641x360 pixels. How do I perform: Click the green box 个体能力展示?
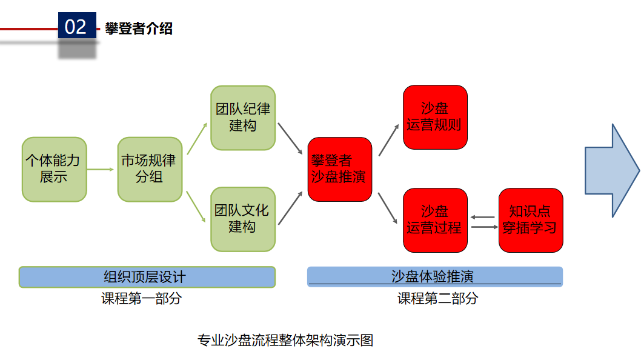click(54, 169)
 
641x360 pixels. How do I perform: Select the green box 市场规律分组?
click(150, 169)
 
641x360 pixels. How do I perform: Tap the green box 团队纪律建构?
click(243, 118)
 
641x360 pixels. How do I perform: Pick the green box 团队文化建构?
click(243, 219)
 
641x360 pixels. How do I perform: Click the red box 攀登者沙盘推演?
click(339, 169)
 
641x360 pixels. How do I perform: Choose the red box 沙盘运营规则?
click(435, 117)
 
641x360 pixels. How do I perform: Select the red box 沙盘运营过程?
click(435, 220)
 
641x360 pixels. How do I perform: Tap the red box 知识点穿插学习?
click(531, 220)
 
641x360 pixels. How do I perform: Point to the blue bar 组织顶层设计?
click(147, 277)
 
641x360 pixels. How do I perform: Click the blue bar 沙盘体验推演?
click(434, 276)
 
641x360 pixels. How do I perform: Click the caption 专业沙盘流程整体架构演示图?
click(285, 340)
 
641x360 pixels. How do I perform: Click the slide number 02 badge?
click(76, 27)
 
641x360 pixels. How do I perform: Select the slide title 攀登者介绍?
click(139, 28)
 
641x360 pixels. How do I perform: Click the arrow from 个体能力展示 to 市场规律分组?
click(101, 169)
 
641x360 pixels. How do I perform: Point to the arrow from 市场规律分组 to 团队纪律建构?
click(196, 139)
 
